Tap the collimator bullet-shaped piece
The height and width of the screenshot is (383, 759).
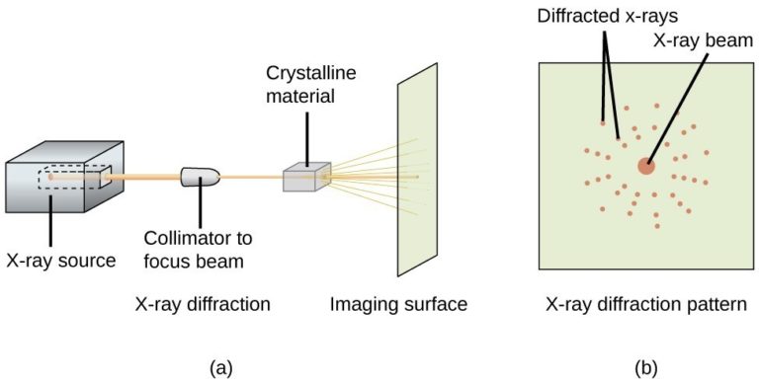click(203, 177)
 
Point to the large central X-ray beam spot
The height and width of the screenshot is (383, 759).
click(645, 166)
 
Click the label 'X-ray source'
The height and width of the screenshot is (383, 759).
click(61, 261)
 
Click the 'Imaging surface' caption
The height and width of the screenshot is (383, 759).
click(398, 304)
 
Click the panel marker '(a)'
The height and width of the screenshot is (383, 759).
click(221, 367)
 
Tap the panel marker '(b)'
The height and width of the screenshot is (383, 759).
click(645, 367)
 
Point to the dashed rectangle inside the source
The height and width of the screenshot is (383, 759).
click(74, 179)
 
